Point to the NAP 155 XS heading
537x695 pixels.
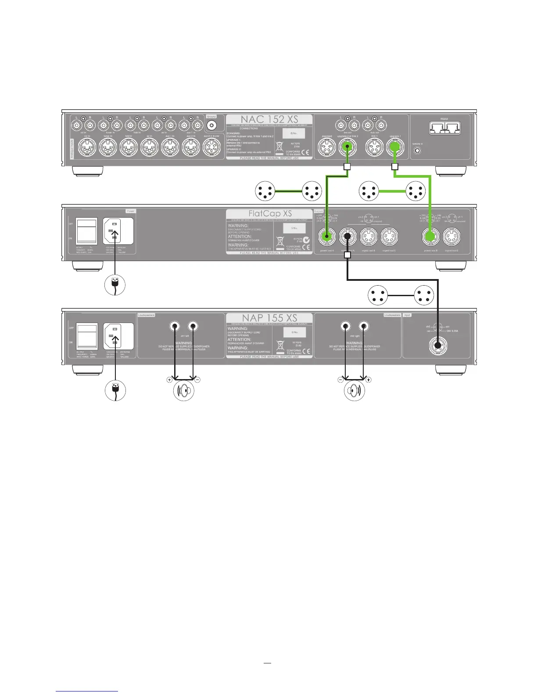pyautogui.click(x=269, y=318)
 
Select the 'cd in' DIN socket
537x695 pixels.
pyautogui.click(x=87, y=149)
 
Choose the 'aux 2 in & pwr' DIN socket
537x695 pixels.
pyautogui.click(x=212, y=149)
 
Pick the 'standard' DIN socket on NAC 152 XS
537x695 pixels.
pyautogui.click(x=326, y=149)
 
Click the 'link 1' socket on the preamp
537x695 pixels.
pyautogui.click(x=374, y=149)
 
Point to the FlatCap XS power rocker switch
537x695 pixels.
pyautogui.click(x=86, y=231)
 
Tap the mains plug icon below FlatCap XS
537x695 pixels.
pyautogui.click(x=115, y=286)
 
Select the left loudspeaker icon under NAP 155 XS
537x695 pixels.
pyautogui.click(x=183, y=390)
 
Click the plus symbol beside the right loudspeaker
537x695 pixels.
pyautogui.click(x=368, y=380)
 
